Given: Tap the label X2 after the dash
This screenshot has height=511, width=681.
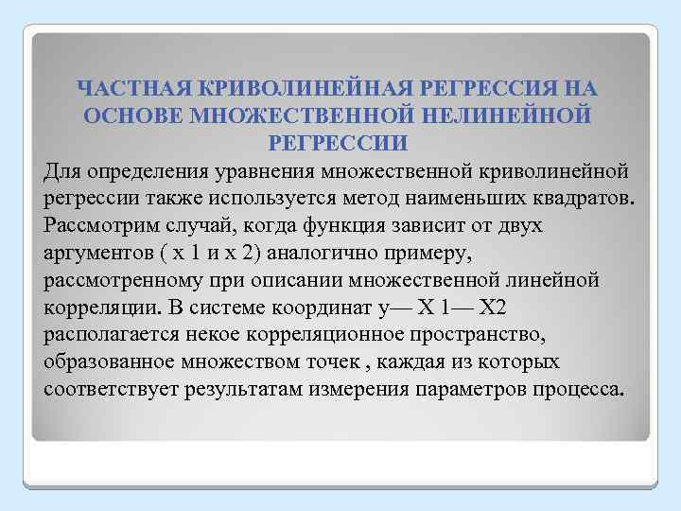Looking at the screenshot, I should coord(500,309).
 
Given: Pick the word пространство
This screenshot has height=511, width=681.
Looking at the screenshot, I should coord(463,337).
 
